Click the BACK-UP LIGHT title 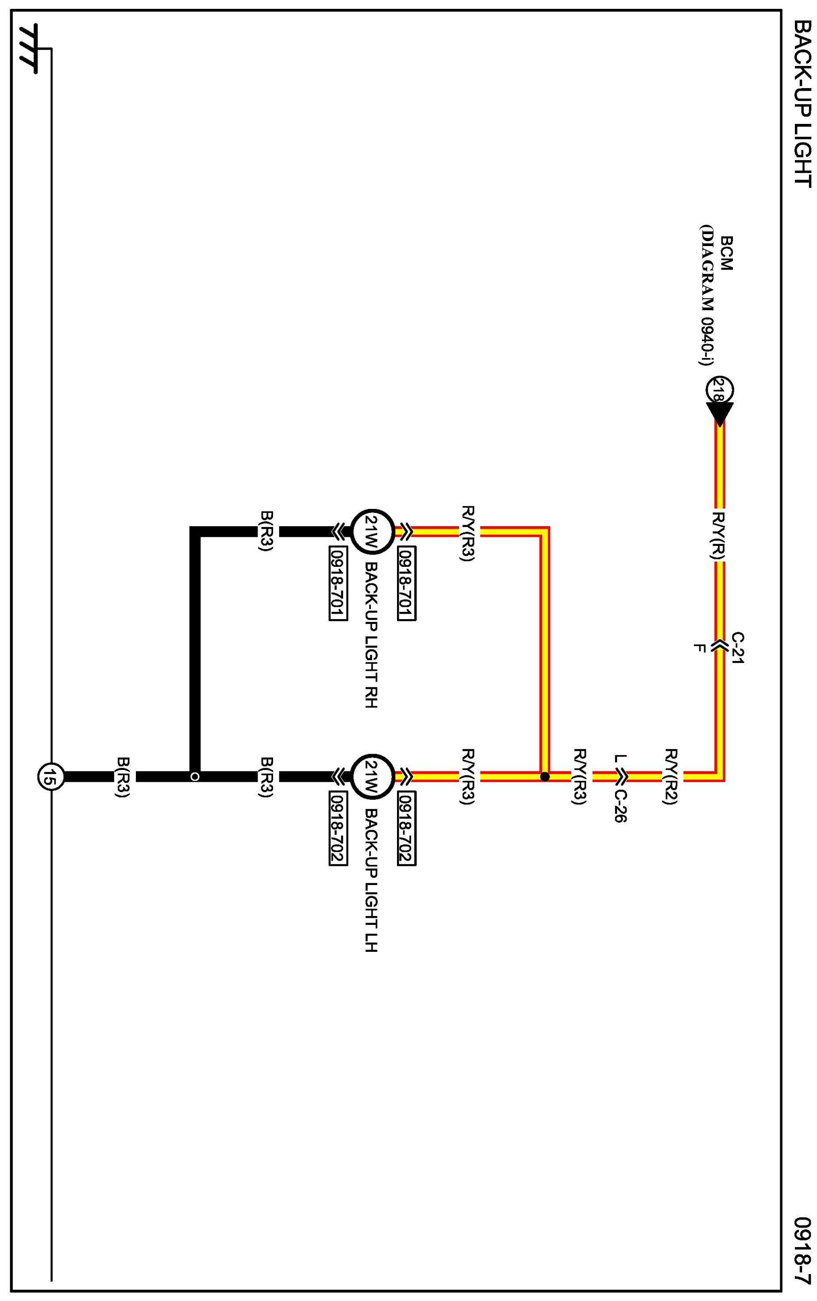click(x=803, y=104)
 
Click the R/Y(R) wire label click(x=719, y=535)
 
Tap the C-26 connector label click(x=620, y=806)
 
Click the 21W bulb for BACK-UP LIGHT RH click(x=372, y=531)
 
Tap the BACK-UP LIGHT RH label click(x=371, y=635)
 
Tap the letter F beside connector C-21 click(x=699, y=648)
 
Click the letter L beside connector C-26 click(x=620, y=758)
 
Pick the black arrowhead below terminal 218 click(x=720, y=413)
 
